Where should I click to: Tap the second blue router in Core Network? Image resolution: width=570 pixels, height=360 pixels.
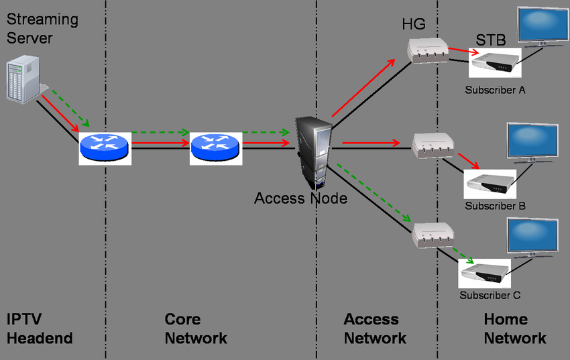214,146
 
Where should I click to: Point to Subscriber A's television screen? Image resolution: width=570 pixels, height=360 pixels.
543,25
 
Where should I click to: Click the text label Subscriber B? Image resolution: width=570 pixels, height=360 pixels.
495,206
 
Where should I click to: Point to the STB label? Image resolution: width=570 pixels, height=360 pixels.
491,40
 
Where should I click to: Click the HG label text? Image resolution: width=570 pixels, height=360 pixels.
414,25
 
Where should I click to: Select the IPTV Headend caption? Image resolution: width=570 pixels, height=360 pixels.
40,328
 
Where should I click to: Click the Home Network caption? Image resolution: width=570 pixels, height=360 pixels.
514,328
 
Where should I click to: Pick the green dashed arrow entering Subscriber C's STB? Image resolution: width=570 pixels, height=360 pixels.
462,256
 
